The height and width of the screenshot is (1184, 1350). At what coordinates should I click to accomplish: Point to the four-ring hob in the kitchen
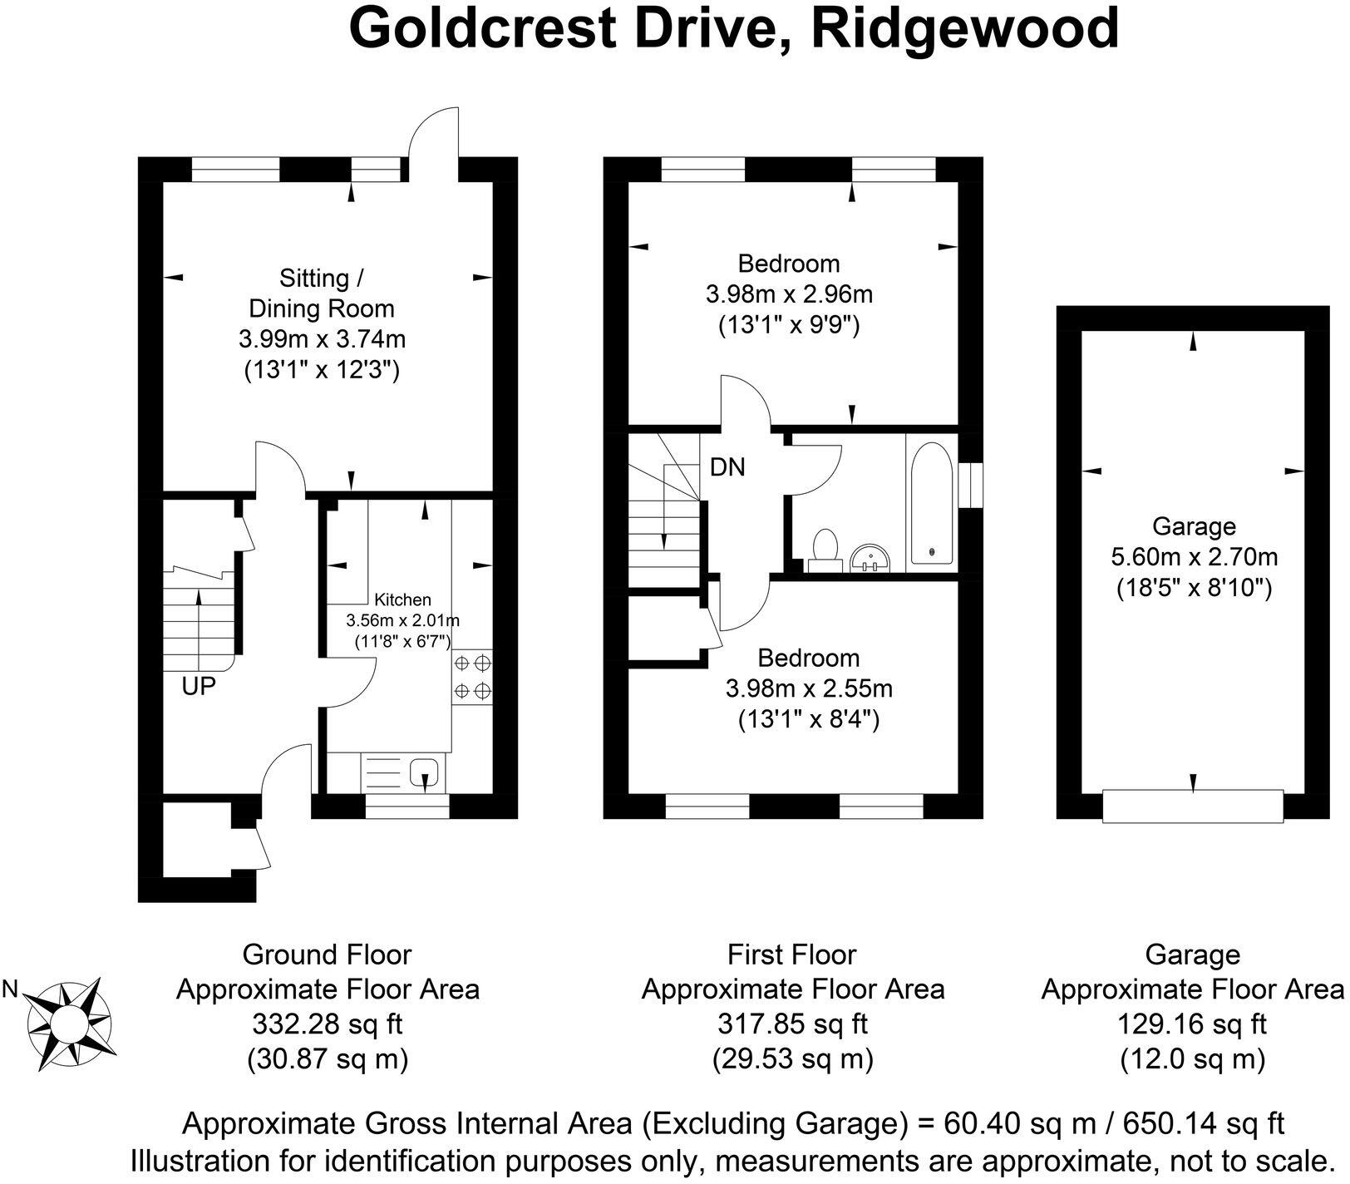point(472,677)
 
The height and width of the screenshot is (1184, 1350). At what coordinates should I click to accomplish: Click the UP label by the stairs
point(200,686)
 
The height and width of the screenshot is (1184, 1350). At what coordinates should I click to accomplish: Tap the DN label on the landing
point(727,467)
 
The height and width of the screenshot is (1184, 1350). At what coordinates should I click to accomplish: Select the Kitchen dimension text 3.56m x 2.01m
point(403,620)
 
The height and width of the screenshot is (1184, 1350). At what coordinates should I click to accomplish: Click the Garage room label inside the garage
point(1194,526)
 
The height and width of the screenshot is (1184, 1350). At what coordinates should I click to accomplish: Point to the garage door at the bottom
point(1193,806)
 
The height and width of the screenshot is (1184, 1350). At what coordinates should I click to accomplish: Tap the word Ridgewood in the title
point(966,30)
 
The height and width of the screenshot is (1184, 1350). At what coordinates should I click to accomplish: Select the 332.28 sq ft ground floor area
point(327,1024)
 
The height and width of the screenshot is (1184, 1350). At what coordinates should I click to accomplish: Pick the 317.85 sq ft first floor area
point(792,1024)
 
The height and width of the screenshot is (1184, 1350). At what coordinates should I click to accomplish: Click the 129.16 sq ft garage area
point(1192,1024)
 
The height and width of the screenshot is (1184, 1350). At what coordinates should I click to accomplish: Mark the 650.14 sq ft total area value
point(1204,1123)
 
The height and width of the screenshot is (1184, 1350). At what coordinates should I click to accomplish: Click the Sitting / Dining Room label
point(322,293)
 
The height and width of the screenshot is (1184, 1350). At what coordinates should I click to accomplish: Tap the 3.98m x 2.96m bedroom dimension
point(789,294)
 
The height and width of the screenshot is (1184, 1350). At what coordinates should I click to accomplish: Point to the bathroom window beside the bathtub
point(970,485)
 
